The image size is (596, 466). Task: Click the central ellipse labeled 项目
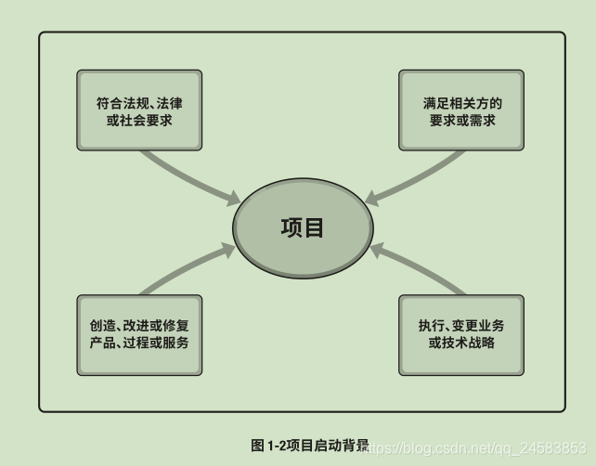point(302,228)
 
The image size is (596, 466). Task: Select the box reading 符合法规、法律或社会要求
point(138,110)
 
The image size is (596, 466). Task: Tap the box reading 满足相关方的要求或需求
point(461,110)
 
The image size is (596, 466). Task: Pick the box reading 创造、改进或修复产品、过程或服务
point(139,334)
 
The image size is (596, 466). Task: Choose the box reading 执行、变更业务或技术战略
point(461,334)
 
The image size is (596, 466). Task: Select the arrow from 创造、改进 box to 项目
point(186,271)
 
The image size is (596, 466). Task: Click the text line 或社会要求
point(138,120)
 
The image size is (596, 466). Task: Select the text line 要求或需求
point(461,120)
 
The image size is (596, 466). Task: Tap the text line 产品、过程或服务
point(139,343)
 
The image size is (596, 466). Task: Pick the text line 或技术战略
point(461,343)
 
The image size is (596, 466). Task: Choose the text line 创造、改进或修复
point(139,325)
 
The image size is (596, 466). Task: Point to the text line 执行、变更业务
point(461,325)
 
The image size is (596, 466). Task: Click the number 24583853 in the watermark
point(556,447)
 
